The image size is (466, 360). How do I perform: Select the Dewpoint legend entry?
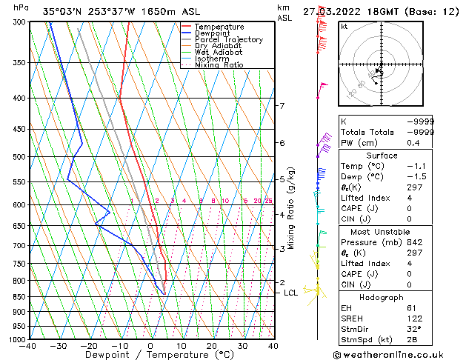click(x=215, y=33)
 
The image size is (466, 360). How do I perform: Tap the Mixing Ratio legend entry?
click(x=219, y=65)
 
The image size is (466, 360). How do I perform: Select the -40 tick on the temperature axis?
click(x=29, y=346)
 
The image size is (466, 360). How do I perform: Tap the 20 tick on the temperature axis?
click(x=211, y=346)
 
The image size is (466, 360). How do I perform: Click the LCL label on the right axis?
click(x=291, y=293)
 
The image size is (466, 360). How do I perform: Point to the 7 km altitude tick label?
click(x=282, y=106)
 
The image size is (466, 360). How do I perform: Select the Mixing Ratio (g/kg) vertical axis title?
click(x=292, y=207)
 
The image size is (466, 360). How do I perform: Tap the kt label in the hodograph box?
click(x=344, y=27)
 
